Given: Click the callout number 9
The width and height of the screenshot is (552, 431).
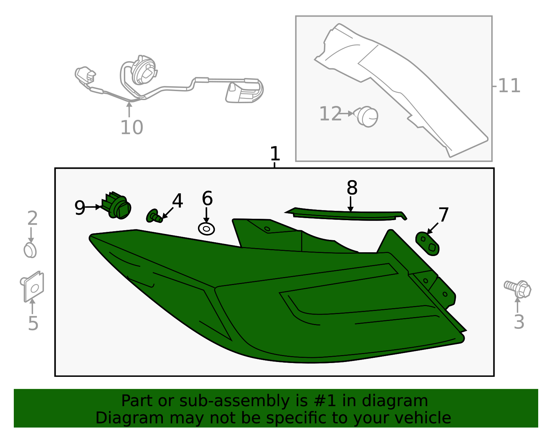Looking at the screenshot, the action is tap(80, 208).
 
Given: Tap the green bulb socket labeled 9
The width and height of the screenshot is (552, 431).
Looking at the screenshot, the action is tap(116, 205).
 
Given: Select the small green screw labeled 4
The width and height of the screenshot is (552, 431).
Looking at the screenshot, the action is tap(154, 216).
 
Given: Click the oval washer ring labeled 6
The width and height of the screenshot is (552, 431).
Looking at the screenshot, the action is tap(206, 229).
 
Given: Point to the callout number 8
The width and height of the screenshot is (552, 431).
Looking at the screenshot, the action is tap(352, 188).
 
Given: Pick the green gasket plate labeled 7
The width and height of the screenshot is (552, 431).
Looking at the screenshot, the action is tap(427, 244).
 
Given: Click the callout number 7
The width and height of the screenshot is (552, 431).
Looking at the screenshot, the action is tap(444, 215).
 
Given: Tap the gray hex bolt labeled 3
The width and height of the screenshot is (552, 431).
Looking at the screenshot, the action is tap(517, 289).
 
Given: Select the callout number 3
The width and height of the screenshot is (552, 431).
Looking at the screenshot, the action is tap(519, 322).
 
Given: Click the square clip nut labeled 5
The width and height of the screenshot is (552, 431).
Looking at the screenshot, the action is tap(32, 286).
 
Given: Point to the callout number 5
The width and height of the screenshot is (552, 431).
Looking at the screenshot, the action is tap(33, 323).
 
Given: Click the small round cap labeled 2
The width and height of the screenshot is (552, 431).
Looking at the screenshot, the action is tap(30, 250).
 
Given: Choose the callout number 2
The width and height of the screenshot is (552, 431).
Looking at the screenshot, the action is tap(32, 218).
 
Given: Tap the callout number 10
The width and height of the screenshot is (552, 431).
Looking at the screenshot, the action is tap(132, 127).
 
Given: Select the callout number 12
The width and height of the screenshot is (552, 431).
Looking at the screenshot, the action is tap(330, 114).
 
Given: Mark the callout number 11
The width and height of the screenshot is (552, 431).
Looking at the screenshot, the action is tap(510, 86).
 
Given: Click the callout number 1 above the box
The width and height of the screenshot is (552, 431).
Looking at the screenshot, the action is tap(275, 154).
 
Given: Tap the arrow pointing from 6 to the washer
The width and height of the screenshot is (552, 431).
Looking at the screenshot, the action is tap(206, 215).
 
